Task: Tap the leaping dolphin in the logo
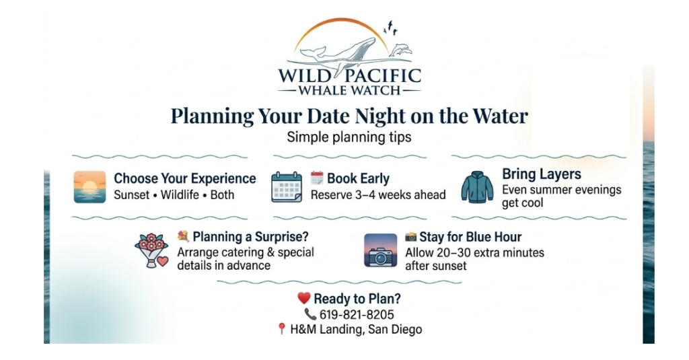[x=400, y=50]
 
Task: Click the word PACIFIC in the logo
[x=382, y=75]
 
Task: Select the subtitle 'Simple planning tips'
[x=349, y=137]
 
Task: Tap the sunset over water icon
[x=89, y=187]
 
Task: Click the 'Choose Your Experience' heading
[x=184, y=178]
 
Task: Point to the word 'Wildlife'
[x=180, y=194]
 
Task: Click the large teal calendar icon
[x=287, y=187]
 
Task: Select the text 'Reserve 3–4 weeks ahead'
[x=378, y=194]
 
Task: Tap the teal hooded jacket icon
[x=477, y=187]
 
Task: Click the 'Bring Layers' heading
[x=542, y=174]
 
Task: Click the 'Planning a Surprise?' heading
[x=250, y=237]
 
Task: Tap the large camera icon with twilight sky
[x=381, y=250]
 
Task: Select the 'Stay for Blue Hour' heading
[x=470, y=237]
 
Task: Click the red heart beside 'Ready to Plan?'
[x=304, y=298]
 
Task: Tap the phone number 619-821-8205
[x=357, y=315]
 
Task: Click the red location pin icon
[x=282, y=328]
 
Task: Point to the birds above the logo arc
[x=390, y=28]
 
